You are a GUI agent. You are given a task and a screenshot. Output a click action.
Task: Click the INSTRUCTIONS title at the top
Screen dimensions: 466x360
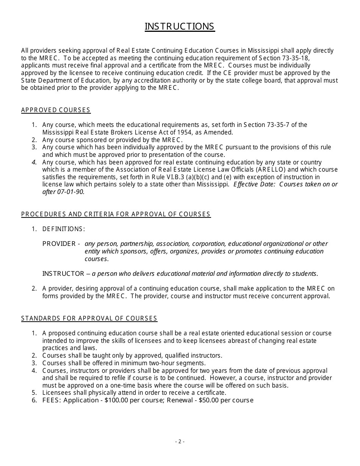tap(180, 27)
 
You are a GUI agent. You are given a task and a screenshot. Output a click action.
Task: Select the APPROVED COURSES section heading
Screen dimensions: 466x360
tap(56, 110)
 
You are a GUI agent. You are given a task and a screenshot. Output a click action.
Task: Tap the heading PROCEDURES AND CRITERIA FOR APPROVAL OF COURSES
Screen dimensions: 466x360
tap(116, 214)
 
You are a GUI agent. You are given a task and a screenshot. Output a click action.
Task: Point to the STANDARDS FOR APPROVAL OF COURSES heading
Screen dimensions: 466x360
tap(89, 319)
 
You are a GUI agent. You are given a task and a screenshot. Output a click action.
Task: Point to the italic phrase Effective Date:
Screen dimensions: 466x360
tap(251, 185)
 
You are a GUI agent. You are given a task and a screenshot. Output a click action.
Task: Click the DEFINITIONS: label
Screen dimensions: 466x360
tap(64, 229)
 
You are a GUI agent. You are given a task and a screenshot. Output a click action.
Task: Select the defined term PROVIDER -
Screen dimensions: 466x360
tap(61, 244)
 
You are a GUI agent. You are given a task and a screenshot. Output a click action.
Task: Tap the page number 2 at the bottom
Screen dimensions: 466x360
tap(180, 441)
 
